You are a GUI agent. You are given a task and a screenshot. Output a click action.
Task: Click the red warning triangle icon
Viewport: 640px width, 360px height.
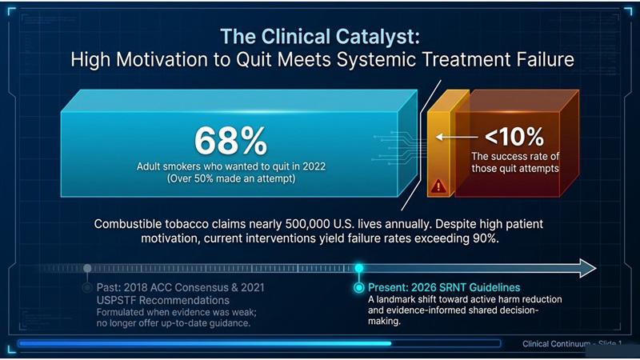[438, 186]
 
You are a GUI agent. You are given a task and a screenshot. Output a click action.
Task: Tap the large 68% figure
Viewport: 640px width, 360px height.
[230, 141]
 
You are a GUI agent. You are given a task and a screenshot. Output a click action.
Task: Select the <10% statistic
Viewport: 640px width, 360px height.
[514, 137]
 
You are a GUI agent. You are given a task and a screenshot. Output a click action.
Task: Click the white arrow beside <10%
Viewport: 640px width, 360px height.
[456, 137]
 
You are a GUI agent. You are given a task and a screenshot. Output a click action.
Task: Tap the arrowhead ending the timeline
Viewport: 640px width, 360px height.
[587, 268]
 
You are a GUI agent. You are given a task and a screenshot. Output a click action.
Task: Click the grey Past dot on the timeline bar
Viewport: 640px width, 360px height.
[87, 268]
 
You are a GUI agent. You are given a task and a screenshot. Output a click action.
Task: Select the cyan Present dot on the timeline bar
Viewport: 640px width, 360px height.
[358, 268]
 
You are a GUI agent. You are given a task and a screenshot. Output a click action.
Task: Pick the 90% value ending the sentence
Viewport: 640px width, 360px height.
[486, 238]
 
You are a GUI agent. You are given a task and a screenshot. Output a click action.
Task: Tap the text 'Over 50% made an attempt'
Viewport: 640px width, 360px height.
[231, 178]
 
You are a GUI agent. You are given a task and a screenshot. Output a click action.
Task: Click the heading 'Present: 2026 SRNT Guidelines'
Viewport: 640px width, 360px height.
[444, 287]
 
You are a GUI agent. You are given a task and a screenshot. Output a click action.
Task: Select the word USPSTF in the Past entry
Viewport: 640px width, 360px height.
[116, 301]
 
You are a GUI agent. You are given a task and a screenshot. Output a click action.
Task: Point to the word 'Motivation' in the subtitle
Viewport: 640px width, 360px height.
[162, 59]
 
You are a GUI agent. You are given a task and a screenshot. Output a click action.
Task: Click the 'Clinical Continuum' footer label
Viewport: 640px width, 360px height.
[555, 344]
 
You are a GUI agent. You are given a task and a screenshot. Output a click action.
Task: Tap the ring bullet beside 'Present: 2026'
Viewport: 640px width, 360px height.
[358, 288]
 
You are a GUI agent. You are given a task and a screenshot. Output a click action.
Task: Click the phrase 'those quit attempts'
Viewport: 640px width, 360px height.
[515, 169]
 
